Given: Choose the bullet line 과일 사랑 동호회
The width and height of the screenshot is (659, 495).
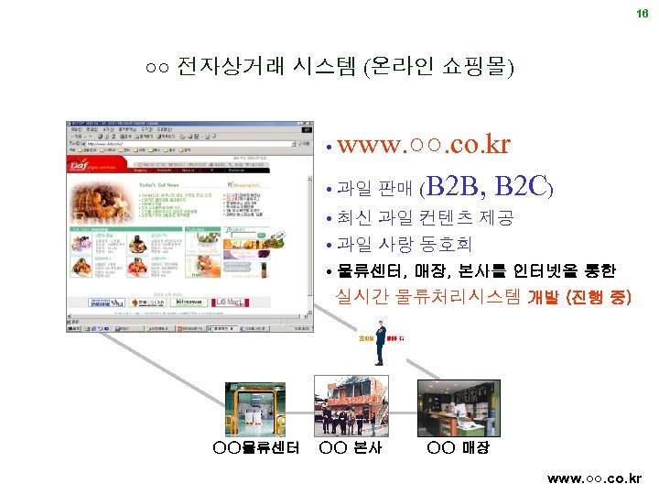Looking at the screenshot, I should click(404, 245).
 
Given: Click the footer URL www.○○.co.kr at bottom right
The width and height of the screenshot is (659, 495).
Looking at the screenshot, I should click(594, 478).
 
